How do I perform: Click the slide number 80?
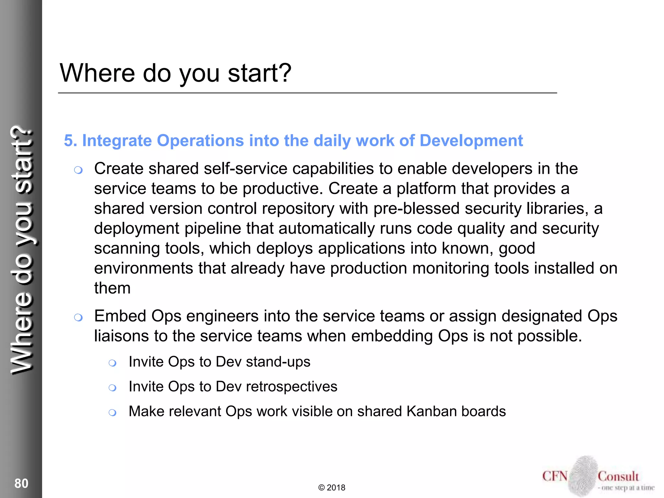[21, 483]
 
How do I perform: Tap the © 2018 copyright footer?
[332, 488]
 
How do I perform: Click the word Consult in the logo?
[618, 476]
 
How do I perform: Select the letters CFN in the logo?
[555, 476]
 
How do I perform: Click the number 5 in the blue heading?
[68, 141]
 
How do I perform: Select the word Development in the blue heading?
[471, 141]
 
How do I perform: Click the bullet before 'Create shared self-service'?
[78, 170]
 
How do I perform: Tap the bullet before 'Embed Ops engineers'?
[78, 317]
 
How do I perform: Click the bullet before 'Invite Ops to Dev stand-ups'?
[113, 363]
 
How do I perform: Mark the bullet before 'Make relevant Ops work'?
[113, 413]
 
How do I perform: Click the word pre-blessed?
[416, 208]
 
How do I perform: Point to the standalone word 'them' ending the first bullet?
[112, 288]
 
